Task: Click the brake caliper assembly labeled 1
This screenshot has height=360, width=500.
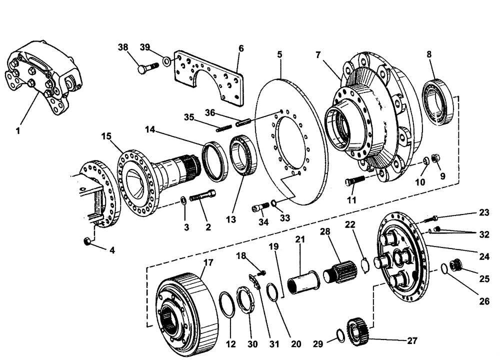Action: (42, 75)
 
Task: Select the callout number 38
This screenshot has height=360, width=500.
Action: (123, 47)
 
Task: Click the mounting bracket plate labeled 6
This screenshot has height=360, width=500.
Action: (210, 77)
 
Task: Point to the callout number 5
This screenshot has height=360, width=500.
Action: (280, 52)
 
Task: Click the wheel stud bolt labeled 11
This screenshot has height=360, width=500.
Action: (353, 184)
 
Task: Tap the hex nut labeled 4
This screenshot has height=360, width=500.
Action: (86, 241)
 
